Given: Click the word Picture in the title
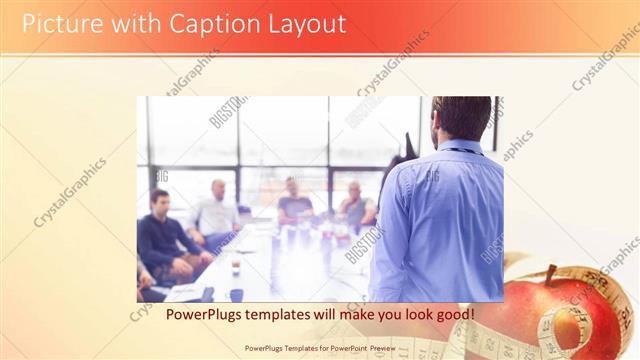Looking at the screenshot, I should [59, 24].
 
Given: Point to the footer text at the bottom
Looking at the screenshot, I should [320, 349].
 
